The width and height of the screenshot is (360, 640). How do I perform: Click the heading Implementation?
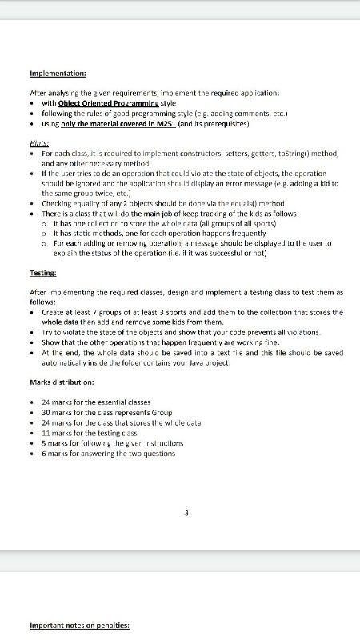point(58,73)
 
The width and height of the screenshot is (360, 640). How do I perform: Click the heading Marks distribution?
point(62,382)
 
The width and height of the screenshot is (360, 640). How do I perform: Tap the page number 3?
point(186,513)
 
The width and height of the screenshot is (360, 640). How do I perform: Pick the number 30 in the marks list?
point(46,412)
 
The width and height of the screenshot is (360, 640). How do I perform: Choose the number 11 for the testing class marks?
point(46,432)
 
